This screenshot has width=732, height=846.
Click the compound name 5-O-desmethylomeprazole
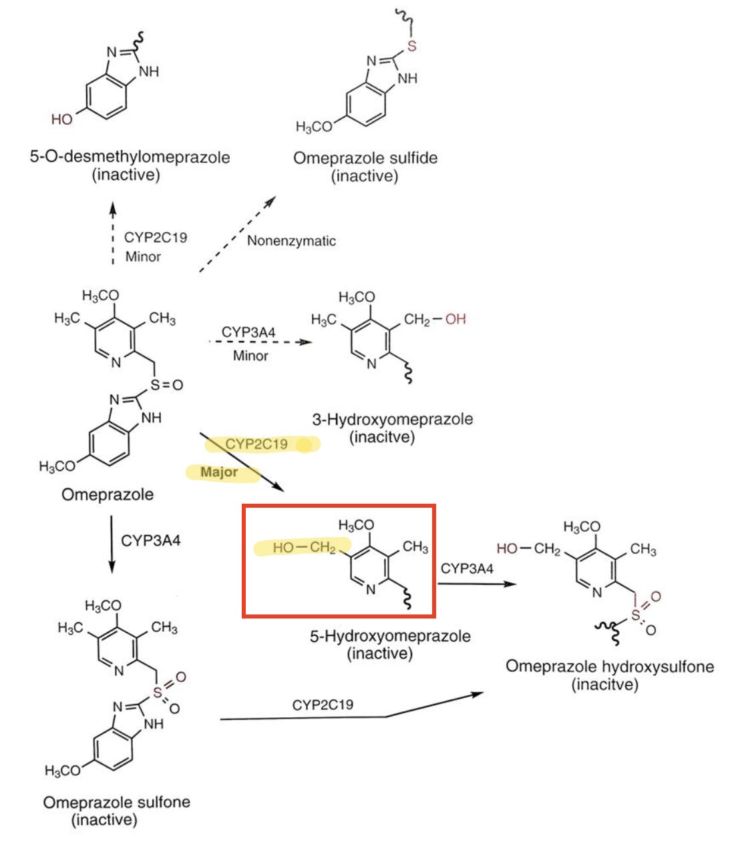pos(130,157)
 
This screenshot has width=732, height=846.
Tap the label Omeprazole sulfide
pos(365,158)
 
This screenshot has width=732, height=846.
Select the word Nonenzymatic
pos(291,241)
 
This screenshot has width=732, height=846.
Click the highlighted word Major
pos(219,472)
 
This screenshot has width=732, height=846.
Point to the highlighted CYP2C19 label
pos(256,444)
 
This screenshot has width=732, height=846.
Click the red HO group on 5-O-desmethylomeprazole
pos(62,119)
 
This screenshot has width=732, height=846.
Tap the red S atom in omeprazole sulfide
pos(411,46)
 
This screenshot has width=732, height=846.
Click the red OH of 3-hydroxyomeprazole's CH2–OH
pos(455,319)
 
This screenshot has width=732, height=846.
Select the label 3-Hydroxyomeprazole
pos(392,420)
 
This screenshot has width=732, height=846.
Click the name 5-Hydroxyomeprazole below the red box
pos(389,636)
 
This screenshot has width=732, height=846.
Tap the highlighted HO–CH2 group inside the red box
pos(304,548)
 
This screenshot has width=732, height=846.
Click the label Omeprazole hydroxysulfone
pos(609,667)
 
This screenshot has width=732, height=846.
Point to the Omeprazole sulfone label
pos(116,802)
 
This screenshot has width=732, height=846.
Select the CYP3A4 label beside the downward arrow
pos(150,540)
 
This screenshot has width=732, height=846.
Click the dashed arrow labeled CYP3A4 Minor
pos(260,342)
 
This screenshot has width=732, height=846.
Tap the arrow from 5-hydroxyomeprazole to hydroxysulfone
pos(477,584)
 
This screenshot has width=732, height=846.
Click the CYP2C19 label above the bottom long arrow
pos(323,705)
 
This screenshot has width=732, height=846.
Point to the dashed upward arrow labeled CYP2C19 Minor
pos(113,234)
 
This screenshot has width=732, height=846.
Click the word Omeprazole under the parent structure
pos(108,494)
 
